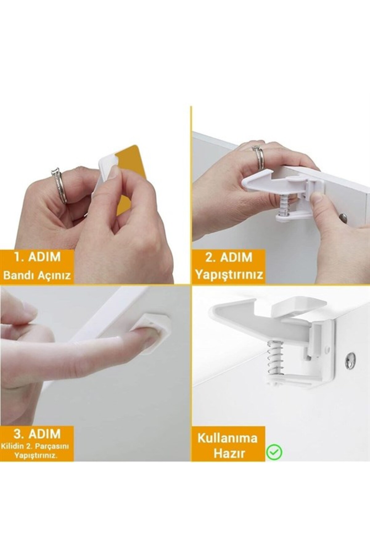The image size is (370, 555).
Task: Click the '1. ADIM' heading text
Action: pyautogui.click(x=37, y=257)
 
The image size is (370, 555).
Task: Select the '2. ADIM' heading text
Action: pyautogui.click(x=228, y=257)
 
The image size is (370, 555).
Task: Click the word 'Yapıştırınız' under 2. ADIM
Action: pyautogui.click(x=228, y=274)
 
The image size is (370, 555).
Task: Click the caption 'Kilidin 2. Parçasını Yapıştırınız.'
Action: pyautogui.click(x=37, y=450)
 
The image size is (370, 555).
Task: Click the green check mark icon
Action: pyautogui.click(x=274, y=452)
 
